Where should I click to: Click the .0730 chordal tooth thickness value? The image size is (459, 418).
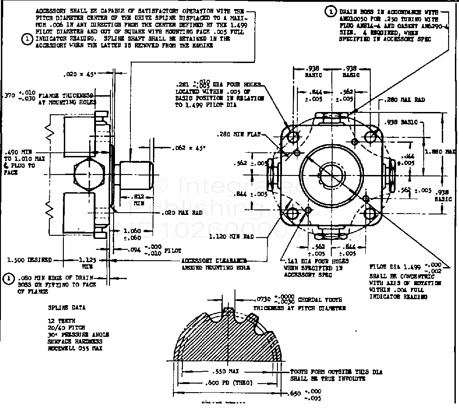tap(263, 300)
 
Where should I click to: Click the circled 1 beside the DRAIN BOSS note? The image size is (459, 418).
tap(331, 12)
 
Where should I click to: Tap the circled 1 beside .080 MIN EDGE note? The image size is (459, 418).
tap(9, 279)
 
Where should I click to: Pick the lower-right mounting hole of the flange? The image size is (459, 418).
tap(370, 213)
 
